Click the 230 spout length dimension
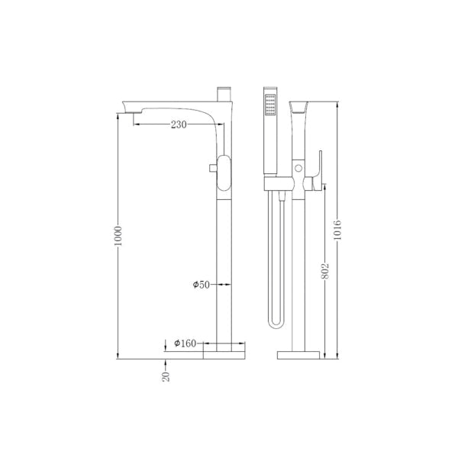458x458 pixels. pyautogui.click(x=179, y=124)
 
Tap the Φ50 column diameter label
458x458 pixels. pyautogui.click(x=201, y=284)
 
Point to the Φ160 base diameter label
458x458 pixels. pyautogui.click(x=186, y=343)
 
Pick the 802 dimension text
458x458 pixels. pyautogui.click(x=325, y=272)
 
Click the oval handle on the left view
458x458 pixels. pyautogui.click(x=224, y=174)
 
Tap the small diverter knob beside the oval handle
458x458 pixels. pyautogui.click(x=211, y=169)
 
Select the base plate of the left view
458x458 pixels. pyautogui.click(x=224, y=353)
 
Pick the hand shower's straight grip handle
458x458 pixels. pyautogui.click(x=269, y=145)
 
